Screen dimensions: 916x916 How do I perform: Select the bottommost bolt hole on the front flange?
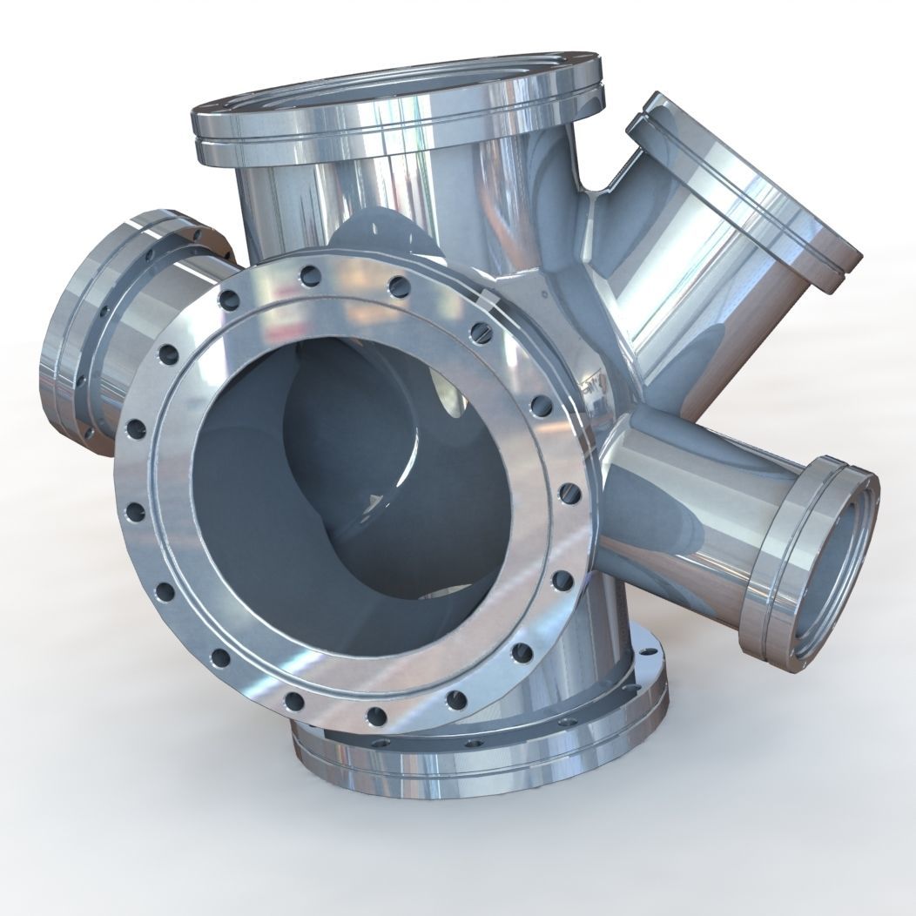coord(376,716)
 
